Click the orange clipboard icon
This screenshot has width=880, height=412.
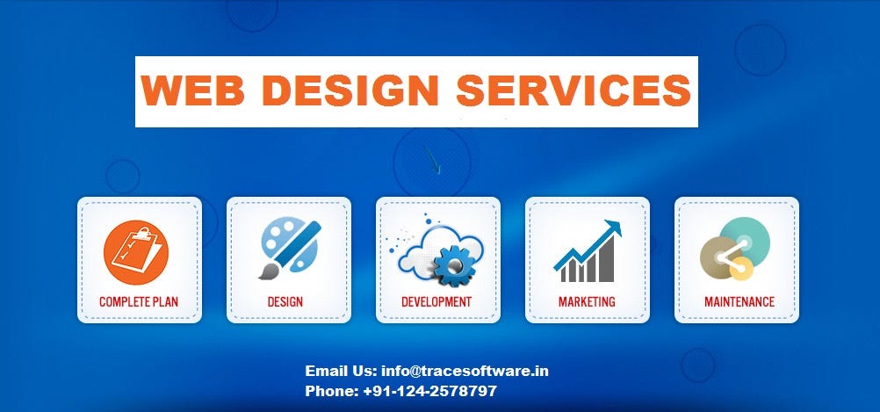[135, 252]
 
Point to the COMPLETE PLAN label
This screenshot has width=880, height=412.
[139, 302]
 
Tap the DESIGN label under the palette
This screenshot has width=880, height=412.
[285, 302]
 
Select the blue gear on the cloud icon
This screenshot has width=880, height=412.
[454, 265]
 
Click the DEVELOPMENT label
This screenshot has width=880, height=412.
[436, 302]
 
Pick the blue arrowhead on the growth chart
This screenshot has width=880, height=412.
[612, 228]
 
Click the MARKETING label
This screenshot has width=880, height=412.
[587, 302]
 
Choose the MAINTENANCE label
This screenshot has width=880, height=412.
[739, 302]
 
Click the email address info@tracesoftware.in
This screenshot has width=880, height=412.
[465, 371]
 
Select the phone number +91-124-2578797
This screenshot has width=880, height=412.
[429, 391]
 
